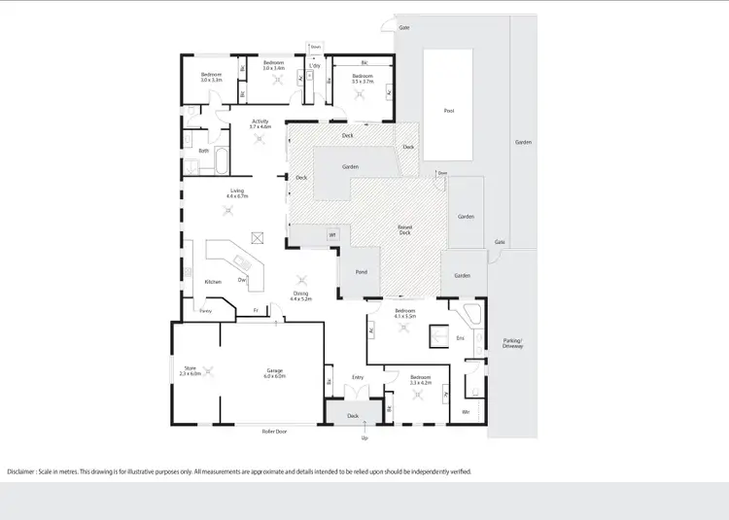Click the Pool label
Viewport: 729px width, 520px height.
click(448, 110)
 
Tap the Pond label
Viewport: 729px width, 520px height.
click(361, 273)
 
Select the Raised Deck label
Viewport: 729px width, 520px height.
click(405, 229)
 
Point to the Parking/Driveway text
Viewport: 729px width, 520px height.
click(512, 342)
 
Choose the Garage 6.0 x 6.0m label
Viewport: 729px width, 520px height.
click(276, 371)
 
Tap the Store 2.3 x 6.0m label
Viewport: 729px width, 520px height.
click(191, 370)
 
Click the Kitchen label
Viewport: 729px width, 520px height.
click(213, 282)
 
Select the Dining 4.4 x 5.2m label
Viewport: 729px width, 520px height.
click(301, 295)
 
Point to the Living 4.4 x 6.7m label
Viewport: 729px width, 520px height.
click(237, 193)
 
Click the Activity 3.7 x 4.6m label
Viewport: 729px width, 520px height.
click(260, 124)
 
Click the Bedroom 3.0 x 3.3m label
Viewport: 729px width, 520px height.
click(212, 77)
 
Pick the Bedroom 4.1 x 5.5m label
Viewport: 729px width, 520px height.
click(405, 314)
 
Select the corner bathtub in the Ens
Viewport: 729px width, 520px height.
click(472, 313)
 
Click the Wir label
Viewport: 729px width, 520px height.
click(466, 412)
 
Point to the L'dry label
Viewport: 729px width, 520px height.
click(315, 66)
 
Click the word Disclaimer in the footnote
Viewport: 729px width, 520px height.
click(24, 471)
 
